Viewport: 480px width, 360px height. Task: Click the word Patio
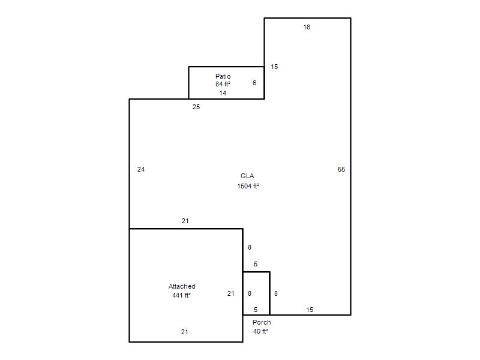point(223,76)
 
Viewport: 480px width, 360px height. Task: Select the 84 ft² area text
point(223,84)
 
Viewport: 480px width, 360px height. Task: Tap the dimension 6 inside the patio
point(254,83)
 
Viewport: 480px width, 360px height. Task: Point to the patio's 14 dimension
point(223,93)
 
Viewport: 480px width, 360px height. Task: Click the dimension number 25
point(196,107)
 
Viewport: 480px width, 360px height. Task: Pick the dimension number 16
point(307,27)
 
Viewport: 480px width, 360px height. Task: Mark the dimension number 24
point(141,169)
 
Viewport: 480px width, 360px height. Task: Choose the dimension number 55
point(341,169)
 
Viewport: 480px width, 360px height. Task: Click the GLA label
point(247,176)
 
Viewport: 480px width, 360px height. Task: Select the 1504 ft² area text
point(248,186)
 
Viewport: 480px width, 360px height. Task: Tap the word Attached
point(182,286)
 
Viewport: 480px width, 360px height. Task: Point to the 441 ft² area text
point(182,295)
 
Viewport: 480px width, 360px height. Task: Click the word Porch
point(262,322)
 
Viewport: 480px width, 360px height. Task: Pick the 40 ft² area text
point(261,331)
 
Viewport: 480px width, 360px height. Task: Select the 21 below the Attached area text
point(185,332)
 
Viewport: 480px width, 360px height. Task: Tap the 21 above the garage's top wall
point(185,221)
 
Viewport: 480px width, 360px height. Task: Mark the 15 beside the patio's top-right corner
point(274,67)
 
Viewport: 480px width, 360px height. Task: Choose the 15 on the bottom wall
point(310,310)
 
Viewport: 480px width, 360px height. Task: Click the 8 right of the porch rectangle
point(276,293)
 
